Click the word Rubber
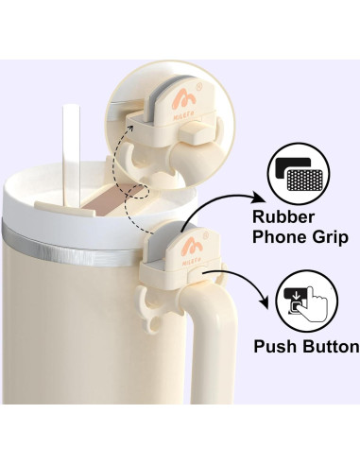coord(283,216)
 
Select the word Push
coord(275,346)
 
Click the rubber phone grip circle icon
coord(299,174)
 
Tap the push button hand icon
coord(306,301)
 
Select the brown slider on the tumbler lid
coord(112,199)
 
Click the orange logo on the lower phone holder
coord(192,247)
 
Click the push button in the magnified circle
coord(193,132)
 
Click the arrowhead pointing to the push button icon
coord(266,301)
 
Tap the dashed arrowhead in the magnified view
coord(130,129)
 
